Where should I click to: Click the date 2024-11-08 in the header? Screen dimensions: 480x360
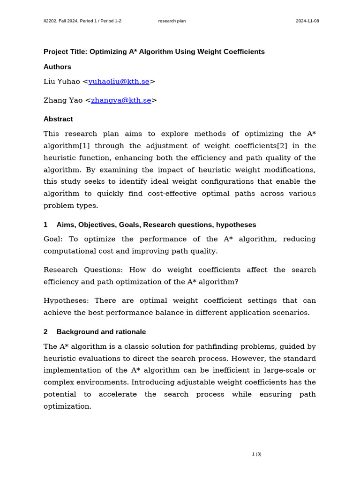(x=307, y=21)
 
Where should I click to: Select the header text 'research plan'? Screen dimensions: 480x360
(x=172, y=21)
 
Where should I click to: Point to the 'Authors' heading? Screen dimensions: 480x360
(x=57, y=67)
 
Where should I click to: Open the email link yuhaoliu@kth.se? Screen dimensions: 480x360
(x=119, y=82)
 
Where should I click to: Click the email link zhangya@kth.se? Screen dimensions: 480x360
(x=121, y=100)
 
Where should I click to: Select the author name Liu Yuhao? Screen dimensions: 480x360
(x=62, y=82)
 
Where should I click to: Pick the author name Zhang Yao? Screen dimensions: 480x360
(x=63, y=100)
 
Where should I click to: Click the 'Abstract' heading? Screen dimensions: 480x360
(x=58, y=119)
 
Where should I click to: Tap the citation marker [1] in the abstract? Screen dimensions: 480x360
(x=85, y=146)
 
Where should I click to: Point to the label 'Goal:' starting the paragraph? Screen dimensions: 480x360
(x=53, y=239)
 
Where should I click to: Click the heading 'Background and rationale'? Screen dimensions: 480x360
(x=101, y=332)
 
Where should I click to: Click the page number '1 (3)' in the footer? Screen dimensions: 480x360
(x=256, y=454)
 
